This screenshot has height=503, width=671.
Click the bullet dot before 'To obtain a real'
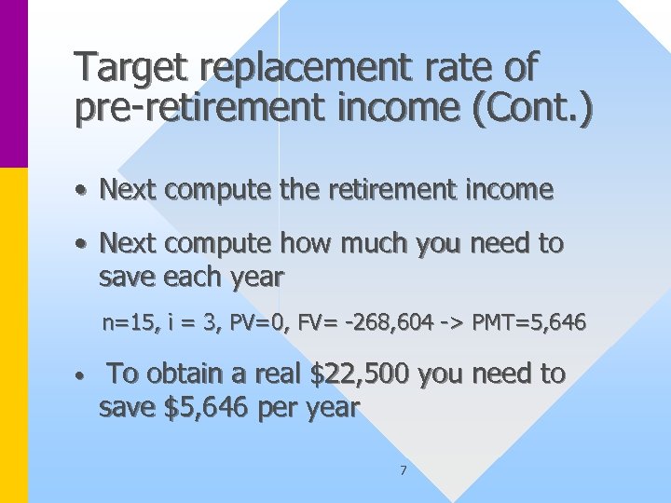(83, 377)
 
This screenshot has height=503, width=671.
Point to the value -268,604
(390, 323)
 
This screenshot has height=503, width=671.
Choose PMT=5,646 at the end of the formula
(528, 323)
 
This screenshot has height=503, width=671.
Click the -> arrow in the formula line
(453, 323)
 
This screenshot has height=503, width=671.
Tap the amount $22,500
(360, 374)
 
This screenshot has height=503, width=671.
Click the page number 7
(403, 470)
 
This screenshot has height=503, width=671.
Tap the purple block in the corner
(14, 84)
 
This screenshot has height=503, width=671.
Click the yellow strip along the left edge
(14, 335)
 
